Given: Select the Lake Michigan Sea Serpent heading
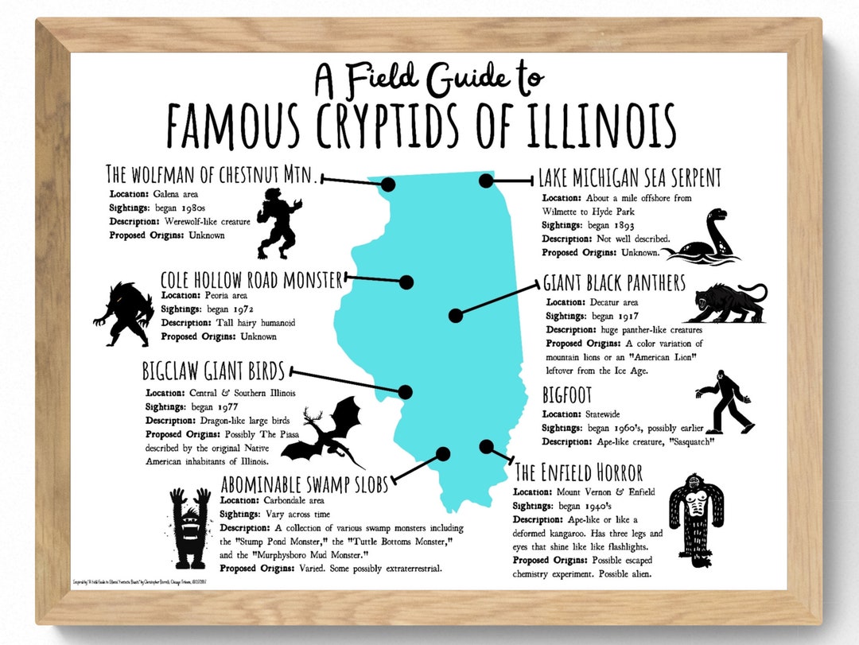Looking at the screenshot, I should pyautogui.click(x=629, y=177).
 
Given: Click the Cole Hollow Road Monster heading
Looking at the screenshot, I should pyautogui.click(x=251, y=280).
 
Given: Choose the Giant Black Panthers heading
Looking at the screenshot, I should pyautogui.click(x=614, y=283).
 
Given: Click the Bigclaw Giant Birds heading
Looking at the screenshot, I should pyautogui.click(x=214, y=371).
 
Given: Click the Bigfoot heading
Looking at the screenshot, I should pyautogui.click(x=567, y=395).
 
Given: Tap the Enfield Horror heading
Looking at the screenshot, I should pyautogui.click(x=578, y=472).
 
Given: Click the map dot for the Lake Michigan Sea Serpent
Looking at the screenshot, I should pyautogui.click(x=486, y=181).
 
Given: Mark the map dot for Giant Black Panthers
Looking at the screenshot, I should pyautogui.click(x=455, y=316).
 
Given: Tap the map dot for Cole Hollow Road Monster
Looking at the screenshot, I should pyautogui.click(x=406, y=282).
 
